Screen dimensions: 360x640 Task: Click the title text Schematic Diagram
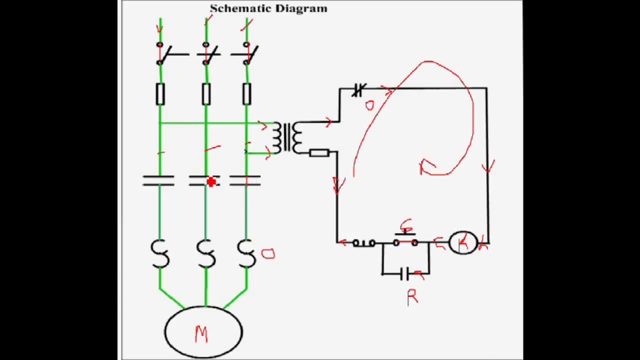[x=268, y=8]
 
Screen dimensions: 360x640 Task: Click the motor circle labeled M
[x=203, y=332]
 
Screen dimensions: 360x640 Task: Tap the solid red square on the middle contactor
[x=211, y=182]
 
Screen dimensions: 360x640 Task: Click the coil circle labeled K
[x=463, y=243]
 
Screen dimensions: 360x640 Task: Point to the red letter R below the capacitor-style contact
[x=412, y=298]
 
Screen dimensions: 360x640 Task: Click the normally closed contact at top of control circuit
[x=358, y=90]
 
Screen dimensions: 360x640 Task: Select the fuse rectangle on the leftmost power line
[x=160, y=94]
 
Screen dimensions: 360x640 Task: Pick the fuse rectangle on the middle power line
[x=206, y=94]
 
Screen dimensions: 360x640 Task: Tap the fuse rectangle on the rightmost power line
[x=246, y=94]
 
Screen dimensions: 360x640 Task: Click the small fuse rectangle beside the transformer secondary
[x=318, y=153]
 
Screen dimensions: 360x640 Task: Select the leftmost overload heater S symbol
[x=159, y=254]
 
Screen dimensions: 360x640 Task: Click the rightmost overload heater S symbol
[x=246, y=254]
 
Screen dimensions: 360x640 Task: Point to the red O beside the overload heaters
[x=268, y=254]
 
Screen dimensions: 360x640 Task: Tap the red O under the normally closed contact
[x=369, y=105]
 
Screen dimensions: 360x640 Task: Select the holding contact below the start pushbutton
[x=405, y=273]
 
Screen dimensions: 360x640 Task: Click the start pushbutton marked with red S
[x=405, y=241]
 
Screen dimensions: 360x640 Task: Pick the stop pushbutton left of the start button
[x=363, y=243]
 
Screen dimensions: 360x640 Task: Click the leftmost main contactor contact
[x=158, y=181]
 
